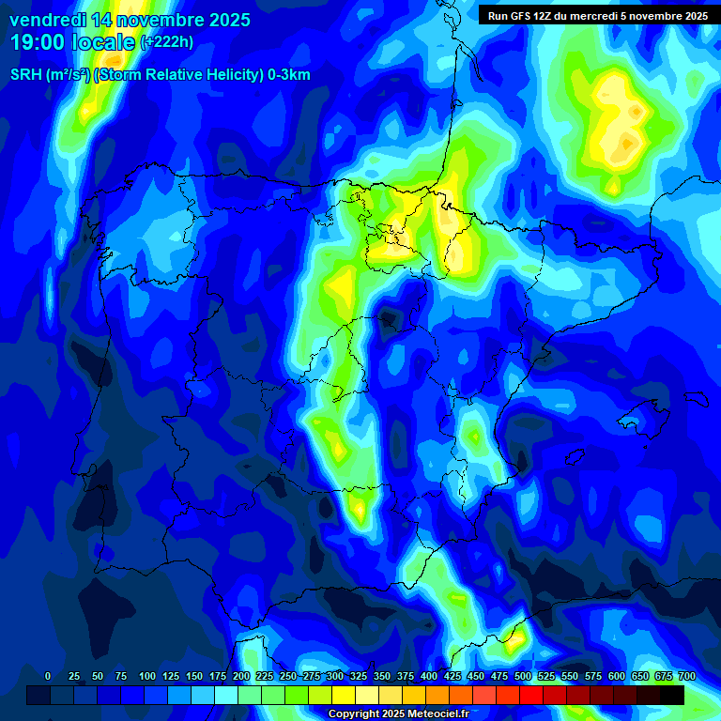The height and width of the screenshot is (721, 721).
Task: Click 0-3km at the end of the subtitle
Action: coord(288,75)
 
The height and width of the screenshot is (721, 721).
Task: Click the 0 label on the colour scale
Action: coord(48,676)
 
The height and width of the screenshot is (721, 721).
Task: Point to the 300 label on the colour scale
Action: coord(335,676)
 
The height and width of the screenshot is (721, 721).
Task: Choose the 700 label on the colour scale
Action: coord(687,676)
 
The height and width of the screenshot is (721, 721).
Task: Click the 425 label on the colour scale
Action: coord(453,676)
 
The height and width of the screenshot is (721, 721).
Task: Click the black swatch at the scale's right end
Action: coord(671,695)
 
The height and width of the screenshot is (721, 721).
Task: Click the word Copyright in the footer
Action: coord(353,714)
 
